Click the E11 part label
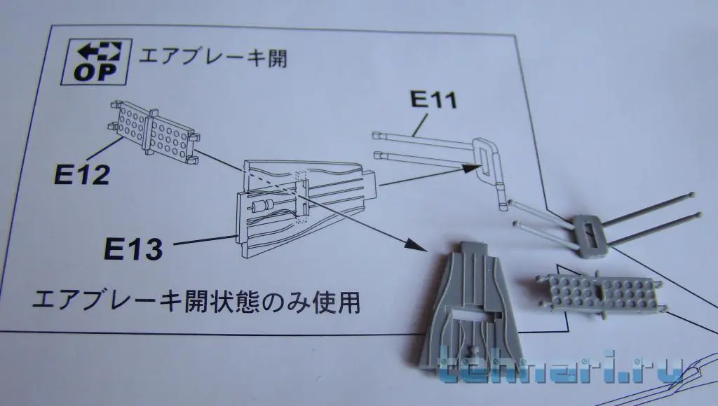click(x=433, y=99)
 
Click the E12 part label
click(x=81, y=174)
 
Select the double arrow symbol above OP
click(x=100, y=50)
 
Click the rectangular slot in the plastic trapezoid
click(x=471, y=306)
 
